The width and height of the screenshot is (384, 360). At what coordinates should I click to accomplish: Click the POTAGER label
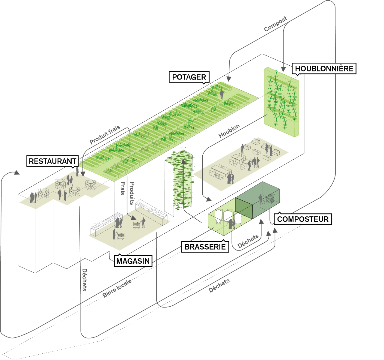189,77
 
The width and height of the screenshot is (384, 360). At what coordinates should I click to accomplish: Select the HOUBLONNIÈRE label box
324,68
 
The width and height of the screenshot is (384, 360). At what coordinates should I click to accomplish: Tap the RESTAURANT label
52,161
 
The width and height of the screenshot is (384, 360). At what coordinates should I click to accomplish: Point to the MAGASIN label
133,261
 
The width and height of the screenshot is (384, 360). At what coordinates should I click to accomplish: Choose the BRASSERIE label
205,247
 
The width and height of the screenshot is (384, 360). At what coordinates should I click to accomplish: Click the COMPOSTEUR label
302,219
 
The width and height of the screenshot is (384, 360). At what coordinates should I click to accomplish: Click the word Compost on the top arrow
275,24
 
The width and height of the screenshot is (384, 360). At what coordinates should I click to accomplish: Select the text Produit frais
105,135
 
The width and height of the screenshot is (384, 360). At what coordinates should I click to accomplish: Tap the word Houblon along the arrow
229,131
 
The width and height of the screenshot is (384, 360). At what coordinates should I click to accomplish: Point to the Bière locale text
117,289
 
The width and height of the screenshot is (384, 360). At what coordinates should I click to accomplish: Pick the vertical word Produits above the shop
132,193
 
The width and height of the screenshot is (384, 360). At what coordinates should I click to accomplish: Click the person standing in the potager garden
222,94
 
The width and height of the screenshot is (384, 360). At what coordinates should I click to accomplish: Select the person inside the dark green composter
260,199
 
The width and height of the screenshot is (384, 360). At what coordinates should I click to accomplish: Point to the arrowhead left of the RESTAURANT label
16,173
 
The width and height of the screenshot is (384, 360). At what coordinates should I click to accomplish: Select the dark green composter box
261,199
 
